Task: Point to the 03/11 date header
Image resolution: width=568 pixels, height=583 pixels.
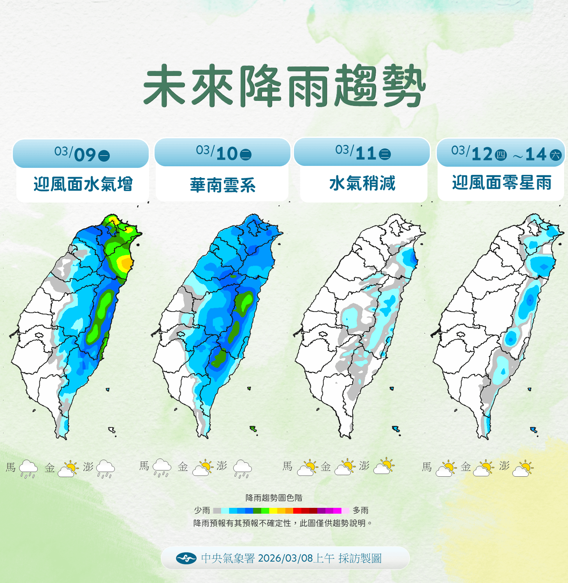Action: (362, 152)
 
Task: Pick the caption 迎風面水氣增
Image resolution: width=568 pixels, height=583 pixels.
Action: (83, 184)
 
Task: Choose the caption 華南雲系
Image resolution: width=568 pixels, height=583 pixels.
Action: (223, 185)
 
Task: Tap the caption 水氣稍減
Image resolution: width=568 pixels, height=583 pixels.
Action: (362, 183)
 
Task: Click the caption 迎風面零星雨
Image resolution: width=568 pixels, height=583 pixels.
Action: (501, 183)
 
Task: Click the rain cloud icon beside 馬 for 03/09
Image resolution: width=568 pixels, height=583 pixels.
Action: (28, 469)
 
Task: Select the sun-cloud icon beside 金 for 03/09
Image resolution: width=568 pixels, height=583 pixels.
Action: (68, 469)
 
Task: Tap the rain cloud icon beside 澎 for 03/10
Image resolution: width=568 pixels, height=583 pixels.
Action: (242, 468)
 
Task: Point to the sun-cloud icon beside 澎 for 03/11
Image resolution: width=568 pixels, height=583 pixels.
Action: (384, 466)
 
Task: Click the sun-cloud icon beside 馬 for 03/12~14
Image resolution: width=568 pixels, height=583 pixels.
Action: (446, 468)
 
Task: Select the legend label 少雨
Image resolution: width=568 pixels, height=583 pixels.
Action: (202, 510)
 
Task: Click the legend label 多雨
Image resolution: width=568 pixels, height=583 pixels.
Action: (360, 510)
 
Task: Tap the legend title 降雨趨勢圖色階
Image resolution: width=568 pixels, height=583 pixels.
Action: (274, 498)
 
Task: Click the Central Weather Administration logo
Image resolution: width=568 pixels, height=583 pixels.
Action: (186, 558)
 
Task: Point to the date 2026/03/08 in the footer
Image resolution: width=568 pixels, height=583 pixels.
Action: (285, 558)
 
